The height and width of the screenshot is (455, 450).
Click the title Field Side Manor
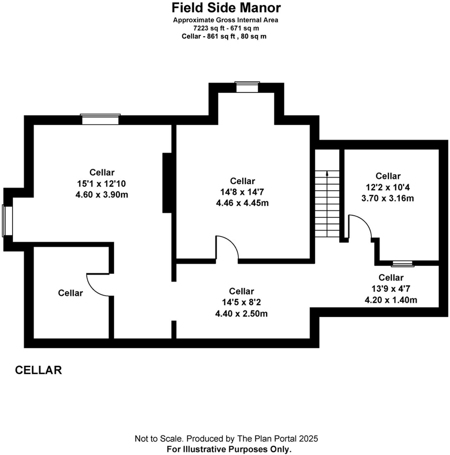[x=226, y=8]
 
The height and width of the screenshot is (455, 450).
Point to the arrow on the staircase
[x=327, y=174]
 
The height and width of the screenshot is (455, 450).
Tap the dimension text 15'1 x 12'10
[x=101, y=184]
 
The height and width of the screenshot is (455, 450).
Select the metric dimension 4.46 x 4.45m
[x=242, y=203]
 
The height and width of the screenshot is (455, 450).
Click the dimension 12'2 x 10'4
[x=387, y=187]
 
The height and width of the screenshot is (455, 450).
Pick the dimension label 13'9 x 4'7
[x=391, y=289]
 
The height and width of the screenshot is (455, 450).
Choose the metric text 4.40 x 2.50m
[x=241, y=313]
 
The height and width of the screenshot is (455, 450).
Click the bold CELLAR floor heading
[x=38, y=370]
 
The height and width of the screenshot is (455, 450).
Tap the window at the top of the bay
[x=247, y=87]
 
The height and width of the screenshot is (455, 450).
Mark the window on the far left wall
[x=8, y=221]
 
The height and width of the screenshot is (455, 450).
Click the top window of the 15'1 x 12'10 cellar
[x=100, y=119]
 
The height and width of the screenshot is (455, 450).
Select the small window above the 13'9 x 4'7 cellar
[x=403, y=264]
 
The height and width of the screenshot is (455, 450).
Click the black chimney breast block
[x=167, y=183]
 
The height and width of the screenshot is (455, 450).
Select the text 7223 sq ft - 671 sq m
[x=226, y=28]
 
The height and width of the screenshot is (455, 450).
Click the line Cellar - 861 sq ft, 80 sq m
[x=224, y=36]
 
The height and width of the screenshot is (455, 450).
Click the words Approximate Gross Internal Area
[x=226, y=20]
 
